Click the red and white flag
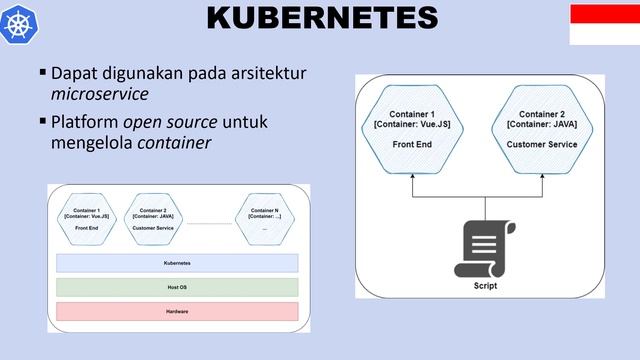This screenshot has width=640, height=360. pos(604,23)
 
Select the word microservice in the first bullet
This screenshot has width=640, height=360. pos(99,94)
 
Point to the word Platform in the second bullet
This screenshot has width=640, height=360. pos(84,122)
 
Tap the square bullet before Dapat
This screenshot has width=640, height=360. pos(42,73)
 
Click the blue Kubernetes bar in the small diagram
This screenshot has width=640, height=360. pos(177,263)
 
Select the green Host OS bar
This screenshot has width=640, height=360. pos(177,287)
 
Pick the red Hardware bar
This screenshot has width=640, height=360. pos(177,311)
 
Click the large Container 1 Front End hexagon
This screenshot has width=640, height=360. pos(412,128)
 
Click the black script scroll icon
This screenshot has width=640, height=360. pos(485,248)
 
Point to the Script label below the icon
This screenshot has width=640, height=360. pos(485,286)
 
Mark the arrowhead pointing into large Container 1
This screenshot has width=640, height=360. pos(412,176)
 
